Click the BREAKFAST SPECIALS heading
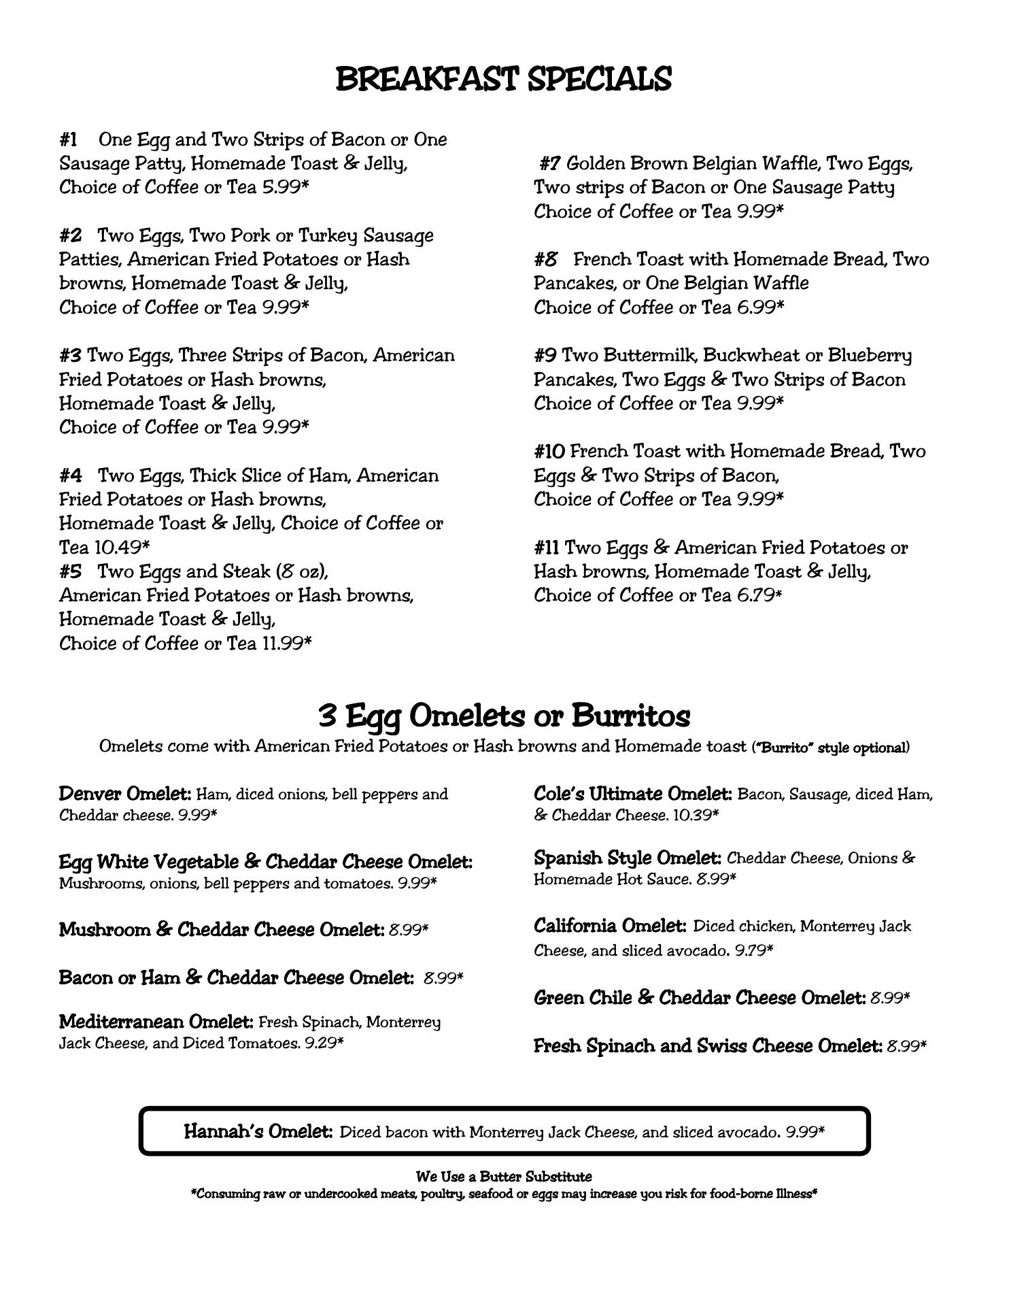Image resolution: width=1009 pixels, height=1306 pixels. pos(504,79)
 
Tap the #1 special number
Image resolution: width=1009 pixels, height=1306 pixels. pos(68,140)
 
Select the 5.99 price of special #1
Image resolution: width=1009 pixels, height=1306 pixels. pos(281,187)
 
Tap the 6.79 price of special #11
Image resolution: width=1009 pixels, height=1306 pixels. pos(755,595)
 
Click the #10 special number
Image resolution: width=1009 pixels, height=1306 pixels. pos(549,452)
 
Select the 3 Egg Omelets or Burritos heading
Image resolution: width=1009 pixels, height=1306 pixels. pos(504,716)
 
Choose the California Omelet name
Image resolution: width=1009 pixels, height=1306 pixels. pos(610,926)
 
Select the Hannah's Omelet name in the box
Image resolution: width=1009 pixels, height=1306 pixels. pos(258,1132)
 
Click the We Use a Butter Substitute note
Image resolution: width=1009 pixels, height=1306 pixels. pos(504,1177)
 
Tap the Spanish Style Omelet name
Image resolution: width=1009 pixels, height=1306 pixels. pos(627,858)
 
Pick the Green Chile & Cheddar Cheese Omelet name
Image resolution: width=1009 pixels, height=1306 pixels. pos(700,998)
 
